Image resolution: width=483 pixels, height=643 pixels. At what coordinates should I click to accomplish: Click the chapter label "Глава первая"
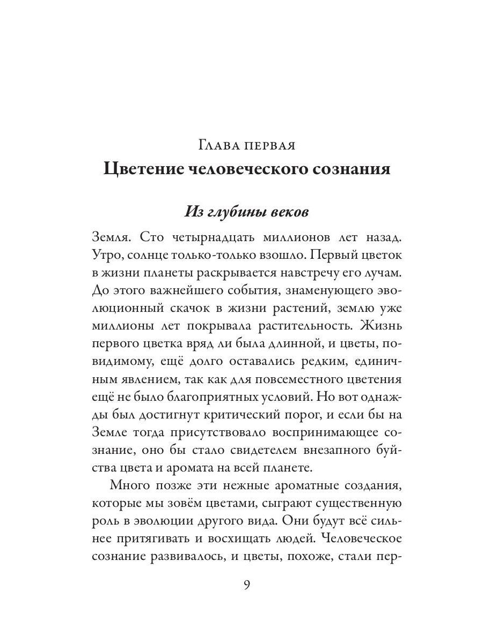(247, 145)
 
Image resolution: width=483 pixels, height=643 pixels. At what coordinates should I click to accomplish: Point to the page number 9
(246, 584)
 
